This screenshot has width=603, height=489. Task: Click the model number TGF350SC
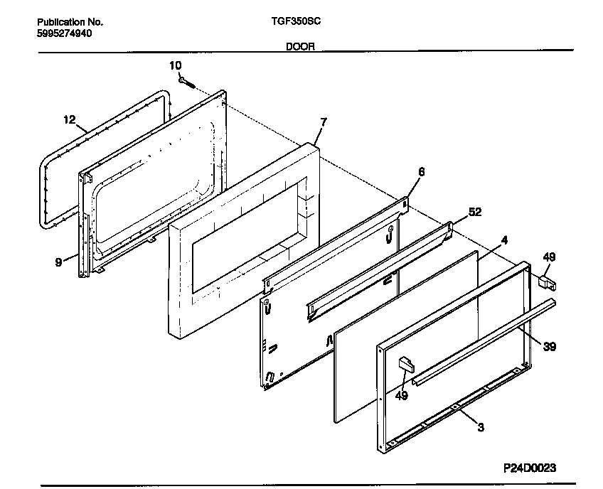[296, 21]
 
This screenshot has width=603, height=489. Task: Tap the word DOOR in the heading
[300, 46]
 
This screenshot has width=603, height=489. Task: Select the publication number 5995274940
[65, 33]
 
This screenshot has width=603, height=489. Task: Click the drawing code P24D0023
[530, 468]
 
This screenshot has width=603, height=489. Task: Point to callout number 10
[176, 65]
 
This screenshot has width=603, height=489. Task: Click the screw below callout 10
[188, 82]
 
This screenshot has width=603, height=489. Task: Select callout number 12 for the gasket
[70, 119]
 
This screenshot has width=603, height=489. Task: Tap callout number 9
[58, 262]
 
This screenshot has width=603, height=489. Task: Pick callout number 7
[324, 122]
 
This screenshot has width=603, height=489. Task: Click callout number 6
[422, 171]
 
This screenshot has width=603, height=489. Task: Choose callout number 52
[475, 212]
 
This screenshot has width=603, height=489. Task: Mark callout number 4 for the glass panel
[504, 240]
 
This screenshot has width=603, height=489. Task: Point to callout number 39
[550, 347]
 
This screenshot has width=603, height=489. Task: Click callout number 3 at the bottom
[481, 427]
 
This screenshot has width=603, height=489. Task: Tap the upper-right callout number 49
[549, 257]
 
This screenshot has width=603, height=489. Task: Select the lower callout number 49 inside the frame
[402, 395]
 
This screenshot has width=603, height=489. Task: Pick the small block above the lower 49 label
[406, 365]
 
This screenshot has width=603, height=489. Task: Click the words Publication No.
[70, 22]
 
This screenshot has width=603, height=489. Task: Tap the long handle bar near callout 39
[484, 342]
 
